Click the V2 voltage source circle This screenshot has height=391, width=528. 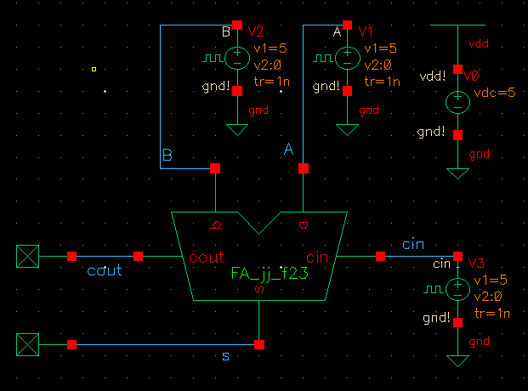pyautogui.click(x=237, y=59)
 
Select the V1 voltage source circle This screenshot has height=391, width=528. pyautogui.click(x=348, y=59)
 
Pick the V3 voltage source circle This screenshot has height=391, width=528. pyautogui.click(x=457, y=289)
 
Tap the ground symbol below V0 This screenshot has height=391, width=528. pyautogui.click(x=457, y=173)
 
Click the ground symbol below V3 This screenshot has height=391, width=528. pyautogui.click(x=457, y=360)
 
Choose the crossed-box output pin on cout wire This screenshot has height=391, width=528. pyautogui.click(x=29, y=256)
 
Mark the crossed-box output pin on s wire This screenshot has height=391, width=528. pyautogui.click(x=29, y=344)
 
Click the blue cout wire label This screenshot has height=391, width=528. pyautogui.click(x=105, y=270)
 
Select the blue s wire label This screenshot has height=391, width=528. pyautogui.click(x=225, y=356)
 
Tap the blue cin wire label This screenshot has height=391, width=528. pyautogui.click(x=413, y=245)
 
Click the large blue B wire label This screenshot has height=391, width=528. pyautogui.click(x=167, y=156)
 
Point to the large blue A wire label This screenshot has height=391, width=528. pyautogui.click(x=288, y=150)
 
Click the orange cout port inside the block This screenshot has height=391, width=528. pyautogui.click(x=206, y=257)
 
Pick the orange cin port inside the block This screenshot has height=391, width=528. pyautogui.click(x=317, y=257)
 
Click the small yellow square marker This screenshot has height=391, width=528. pyautogui.click(x=94, y=69)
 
